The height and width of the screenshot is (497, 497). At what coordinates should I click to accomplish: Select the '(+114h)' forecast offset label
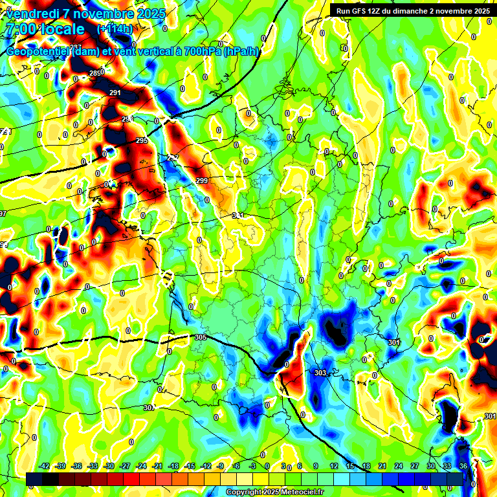115,29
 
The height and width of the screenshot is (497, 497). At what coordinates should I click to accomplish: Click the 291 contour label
115,93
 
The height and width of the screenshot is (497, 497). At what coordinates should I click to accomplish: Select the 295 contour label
142,140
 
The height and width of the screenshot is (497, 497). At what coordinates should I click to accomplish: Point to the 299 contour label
202,181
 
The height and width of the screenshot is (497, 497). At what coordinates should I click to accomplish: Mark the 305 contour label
200,337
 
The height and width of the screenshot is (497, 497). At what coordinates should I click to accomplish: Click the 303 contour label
320,373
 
